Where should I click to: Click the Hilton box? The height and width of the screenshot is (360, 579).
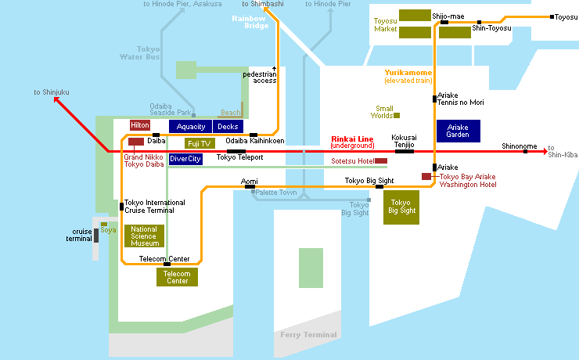point(140,125)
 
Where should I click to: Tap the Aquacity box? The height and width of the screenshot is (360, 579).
point(191,127)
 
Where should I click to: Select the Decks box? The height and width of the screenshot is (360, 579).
point(228,127)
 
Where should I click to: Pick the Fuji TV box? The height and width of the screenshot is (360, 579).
point(200,143)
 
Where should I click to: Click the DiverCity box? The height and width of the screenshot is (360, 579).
point(185,159)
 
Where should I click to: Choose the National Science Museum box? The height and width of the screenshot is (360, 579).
point(144,236)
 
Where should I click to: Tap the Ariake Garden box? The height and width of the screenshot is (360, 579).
point(459,131)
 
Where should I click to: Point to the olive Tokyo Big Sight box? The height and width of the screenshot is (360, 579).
point(400,207)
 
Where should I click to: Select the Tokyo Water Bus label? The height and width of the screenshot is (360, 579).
point(142,52)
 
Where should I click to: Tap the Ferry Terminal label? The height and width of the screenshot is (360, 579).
point(308,335)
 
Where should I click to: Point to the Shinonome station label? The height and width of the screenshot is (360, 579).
point(520,146)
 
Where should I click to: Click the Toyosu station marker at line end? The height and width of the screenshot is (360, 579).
point(552,16)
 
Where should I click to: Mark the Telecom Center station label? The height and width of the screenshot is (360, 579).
point(164,258)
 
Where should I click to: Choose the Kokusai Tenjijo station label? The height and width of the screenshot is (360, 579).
point(404,140)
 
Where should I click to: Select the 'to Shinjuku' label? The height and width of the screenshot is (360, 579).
point(52,92)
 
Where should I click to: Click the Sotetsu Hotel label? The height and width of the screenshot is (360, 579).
point(352,161)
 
